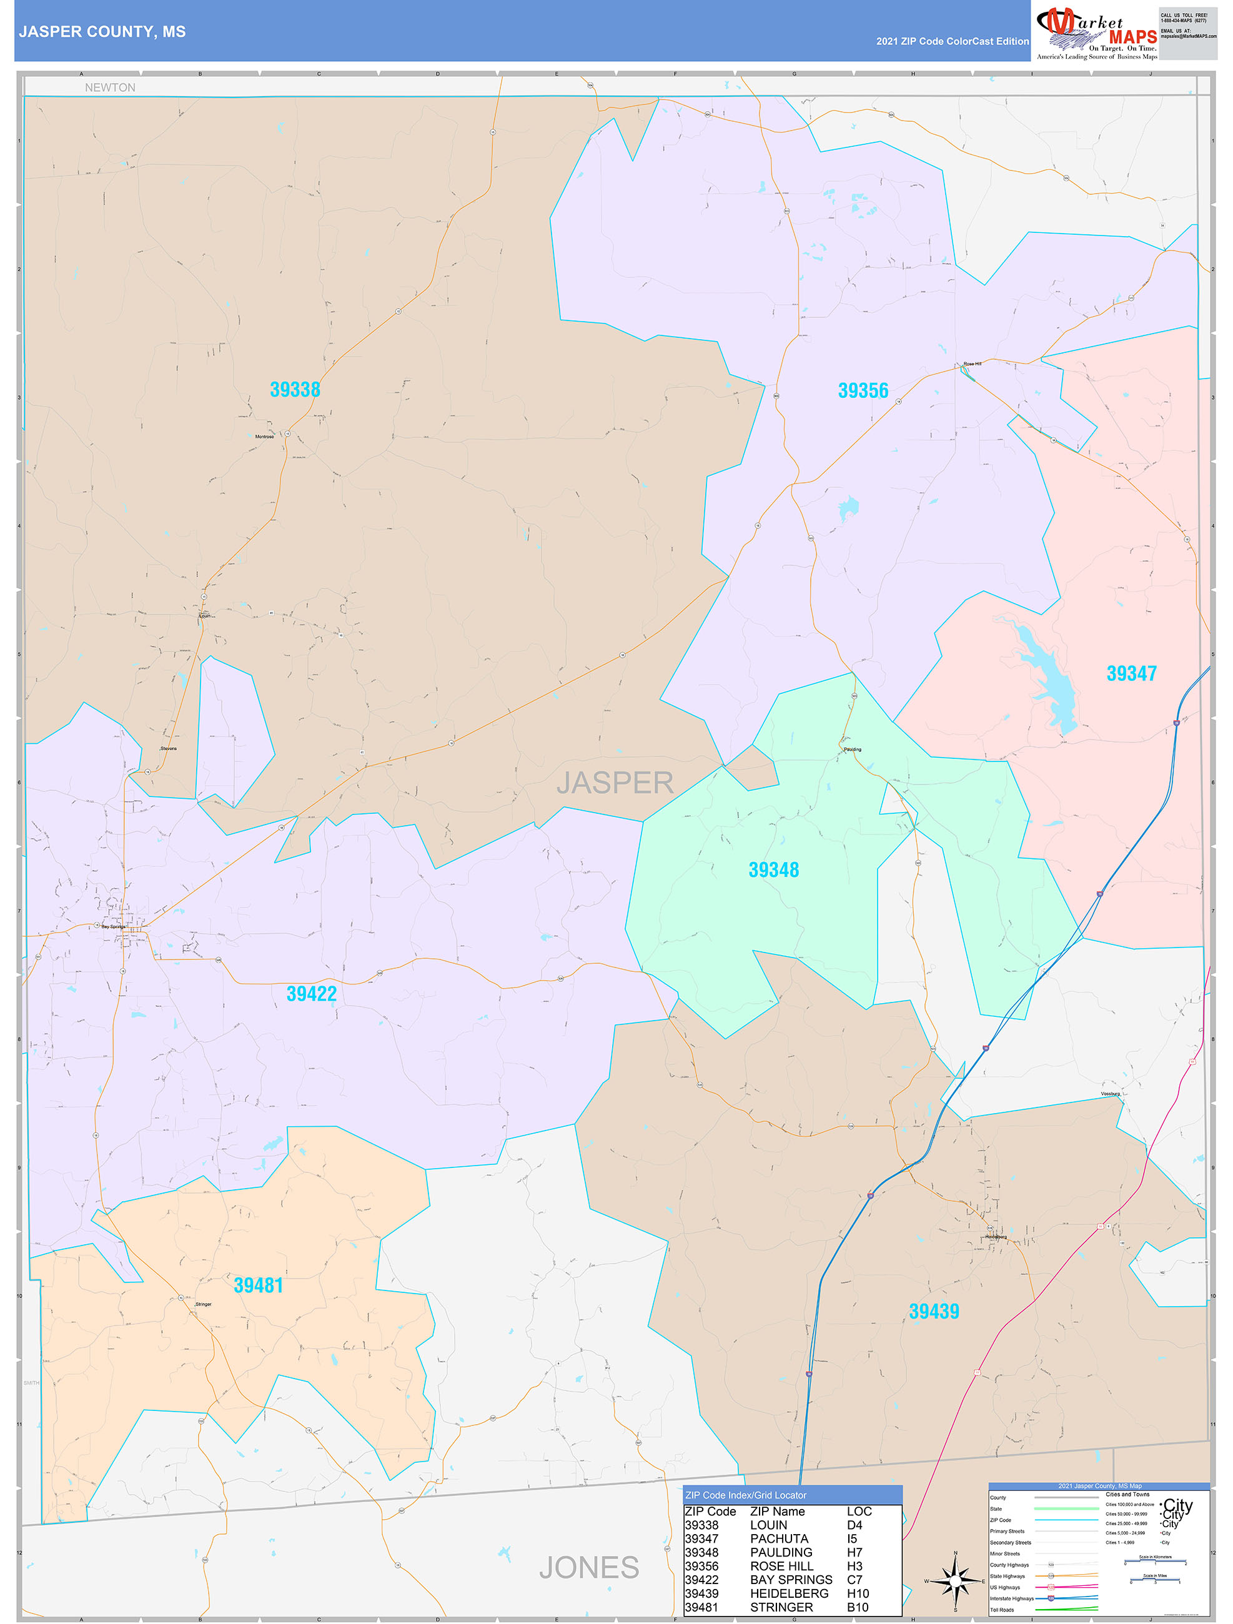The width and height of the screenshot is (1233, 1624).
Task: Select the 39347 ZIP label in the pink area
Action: (x=1131, y=674)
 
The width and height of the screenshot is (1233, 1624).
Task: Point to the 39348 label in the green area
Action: (x=773, y=870)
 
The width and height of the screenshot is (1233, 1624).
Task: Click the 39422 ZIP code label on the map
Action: (x=311, y=994)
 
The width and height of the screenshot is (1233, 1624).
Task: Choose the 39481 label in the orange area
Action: (x=259, y=1285)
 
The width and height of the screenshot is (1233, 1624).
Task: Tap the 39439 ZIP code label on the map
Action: (x=933, y=1311)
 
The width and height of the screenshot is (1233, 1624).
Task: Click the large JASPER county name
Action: (x=615, y=783)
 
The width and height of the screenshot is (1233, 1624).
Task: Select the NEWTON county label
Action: (x=110, y=87)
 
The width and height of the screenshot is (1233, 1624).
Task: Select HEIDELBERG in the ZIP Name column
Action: (x=789, y=1593)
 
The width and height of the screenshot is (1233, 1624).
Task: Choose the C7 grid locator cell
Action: (x=854, y=1579)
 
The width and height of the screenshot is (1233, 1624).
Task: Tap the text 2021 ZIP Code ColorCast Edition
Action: (x=952, y=42)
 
